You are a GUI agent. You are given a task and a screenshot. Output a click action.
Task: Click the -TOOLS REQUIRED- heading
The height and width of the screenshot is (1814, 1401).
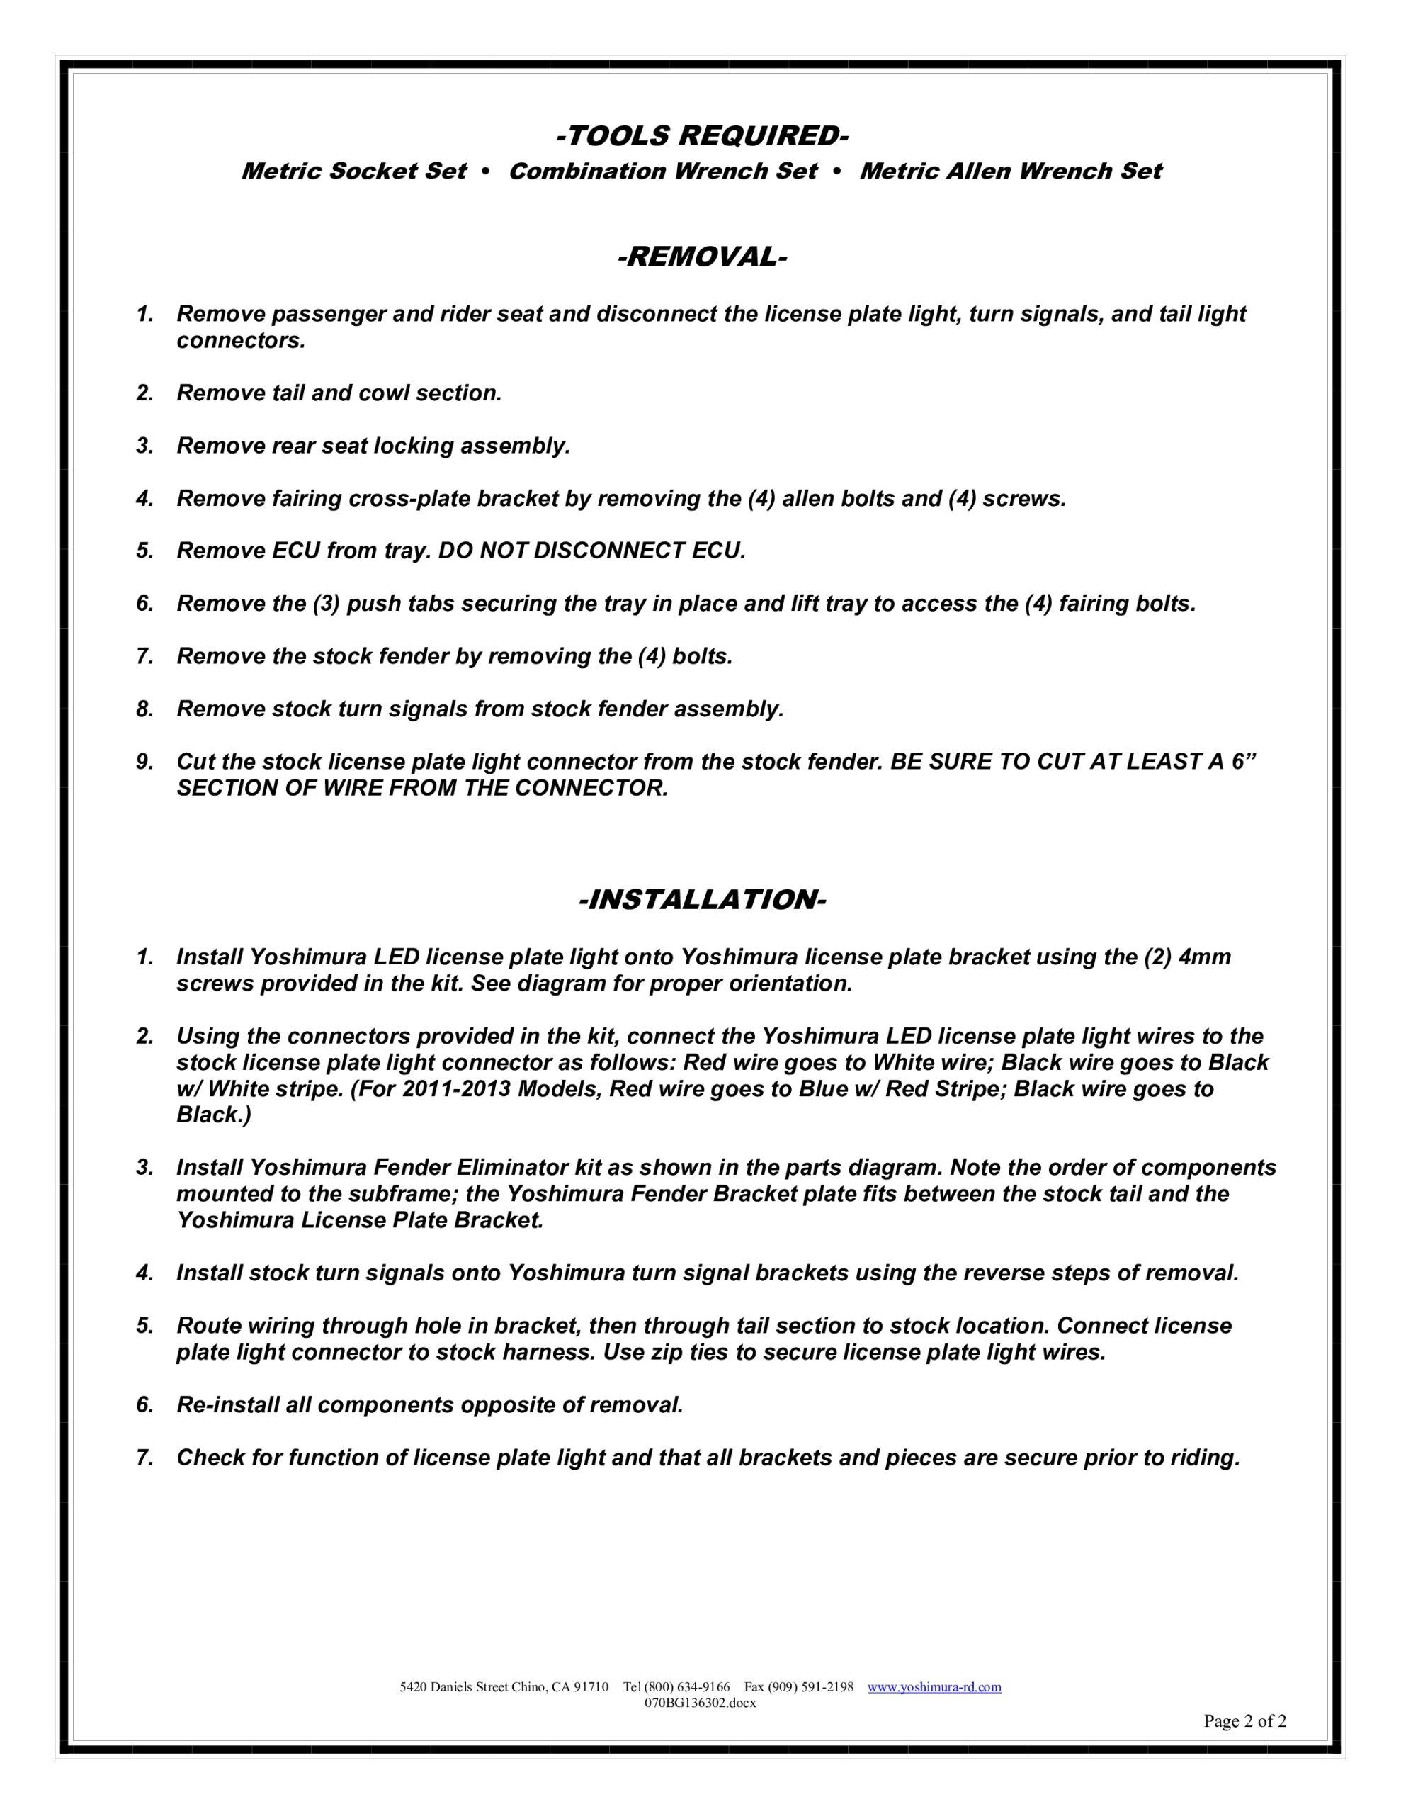701,135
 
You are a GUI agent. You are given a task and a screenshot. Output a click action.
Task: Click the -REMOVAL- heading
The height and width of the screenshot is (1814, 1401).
701,257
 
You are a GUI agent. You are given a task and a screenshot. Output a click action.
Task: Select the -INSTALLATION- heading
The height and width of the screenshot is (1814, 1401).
701,899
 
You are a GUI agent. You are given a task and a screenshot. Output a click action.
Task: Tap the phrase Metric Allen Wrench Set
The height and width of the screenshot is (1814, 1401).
1010,171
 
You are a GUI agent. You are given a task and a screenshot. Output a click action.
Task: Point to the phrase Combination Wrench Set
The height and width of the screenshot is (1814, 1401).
663,171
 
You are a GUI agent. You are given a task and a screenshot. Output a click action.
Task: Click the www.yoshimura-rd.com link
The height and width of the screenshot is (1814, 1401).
934,1687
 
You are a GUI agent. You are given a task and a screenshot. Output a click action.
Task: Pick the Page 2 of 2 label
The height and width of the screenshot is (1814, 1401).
1244,1721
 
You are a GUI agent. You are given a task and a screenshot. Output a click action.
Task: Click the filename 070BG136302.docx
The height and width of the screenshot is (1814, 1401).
700,1703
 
